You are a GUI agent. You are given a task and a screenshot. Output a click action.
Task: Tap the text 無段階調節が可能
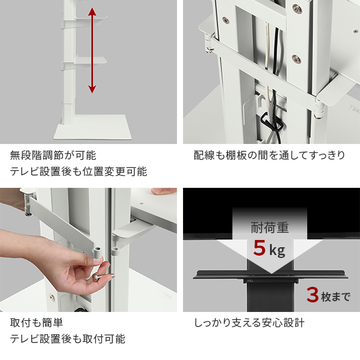point(53,155)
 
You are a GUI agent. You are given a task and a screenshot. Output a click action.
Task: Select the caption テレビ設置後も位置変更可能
point(78,172)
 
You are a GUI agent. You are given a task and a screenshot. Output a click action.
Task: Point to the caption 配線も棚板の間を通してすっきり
point(269,155)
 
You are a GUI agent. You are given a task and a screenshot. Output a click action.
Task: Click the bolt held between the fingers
point(95,278)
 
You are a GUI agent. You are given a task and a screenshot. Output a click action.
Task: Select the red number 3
point(312,295)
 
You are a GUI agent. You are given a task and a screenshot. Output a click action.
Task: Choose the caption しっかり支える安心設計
point(249,323)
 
